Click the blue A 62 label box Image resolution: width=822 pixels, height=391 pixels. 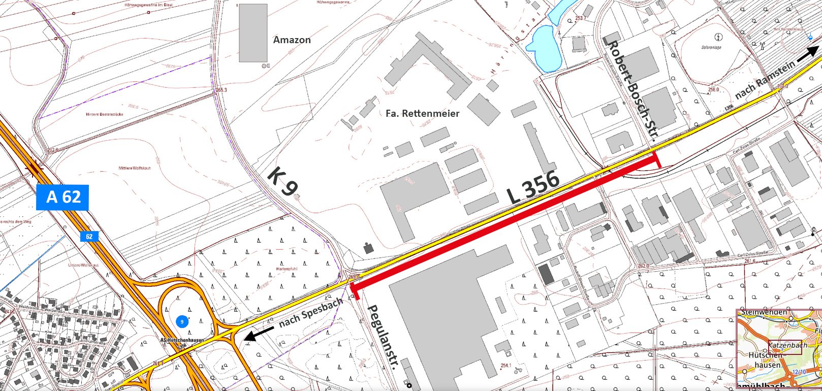tap(62, 197)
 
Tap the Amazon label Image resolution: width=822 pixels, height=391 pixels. tap(292, 40)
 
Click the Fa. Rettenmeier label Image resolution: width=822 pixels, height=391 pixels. tap(422, 113)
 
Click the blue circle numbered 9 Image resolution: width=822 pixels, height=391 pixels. tap(182, 321)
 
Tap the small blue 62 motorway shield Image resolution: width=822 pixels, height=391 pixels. tap(89, 237)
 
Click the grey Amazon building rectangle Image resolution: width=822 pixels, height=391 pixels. tap(253, 33)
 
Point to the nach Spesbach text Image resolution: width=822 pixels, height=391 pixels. tap(311, 313)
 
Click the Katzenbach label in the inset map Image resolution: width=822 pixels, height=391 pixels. tap(787, 345)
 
